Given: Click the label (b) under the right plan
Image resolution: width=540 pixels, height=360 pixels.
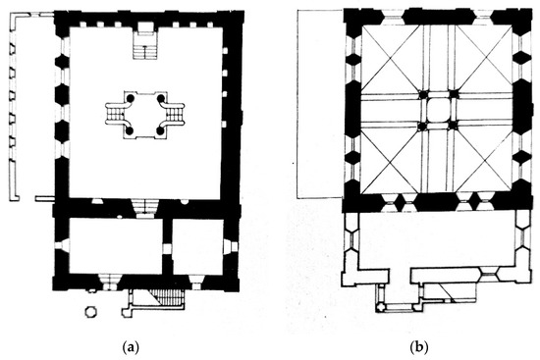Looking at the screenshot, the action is (419, 347).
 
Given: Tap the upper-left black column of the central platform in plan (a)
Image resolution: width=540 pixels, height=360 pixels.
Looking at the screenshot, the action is (130, 98).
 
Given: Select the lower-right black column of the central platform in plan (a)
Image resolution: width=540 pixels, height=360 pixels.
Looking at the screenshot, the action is (160, 130).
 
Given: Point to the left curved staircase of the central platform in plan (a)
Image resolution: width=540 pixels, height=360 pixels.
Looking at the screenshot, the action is (116, 114).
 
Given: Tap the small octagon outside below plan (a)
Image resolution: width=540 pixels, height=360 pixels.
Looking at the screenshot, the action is (90, 312).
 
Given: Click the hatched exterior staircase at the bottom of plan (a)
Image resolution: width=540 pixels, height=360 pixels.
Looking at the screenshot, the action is (167, 297).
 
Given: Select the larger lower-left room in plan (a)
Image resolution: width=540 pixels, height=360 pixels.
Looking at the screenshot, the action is (116, 246).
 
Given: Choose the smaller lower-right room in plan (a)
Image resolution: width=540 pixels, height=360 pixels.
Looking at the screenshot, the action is (197, 247).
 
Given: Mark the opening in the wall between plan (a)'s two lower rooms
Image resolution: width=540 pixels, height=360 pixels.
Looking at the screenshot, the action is (167, 249).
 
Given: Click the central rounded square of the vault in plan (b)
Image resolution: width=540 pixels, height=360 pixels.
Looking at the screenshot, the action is (438, 110).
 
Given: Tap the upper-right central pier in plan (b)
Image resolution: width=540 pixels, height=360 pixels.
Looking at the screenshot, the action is (454, 94).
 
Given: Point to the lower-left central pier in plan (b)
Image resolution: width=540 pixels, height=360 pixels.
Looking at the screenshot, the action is (422, 126).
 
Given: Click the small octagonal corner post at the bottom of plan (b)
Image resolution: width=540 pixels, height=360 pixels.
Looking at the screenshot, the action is (380, 307).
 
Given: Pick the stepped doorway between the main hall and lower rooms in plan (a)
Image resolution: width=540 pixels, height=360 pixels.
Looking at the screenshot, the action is (144, 209).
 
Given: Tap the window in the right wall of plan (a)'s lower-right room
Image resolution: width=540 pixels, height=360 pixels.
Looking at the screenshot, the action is (230, 247).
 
